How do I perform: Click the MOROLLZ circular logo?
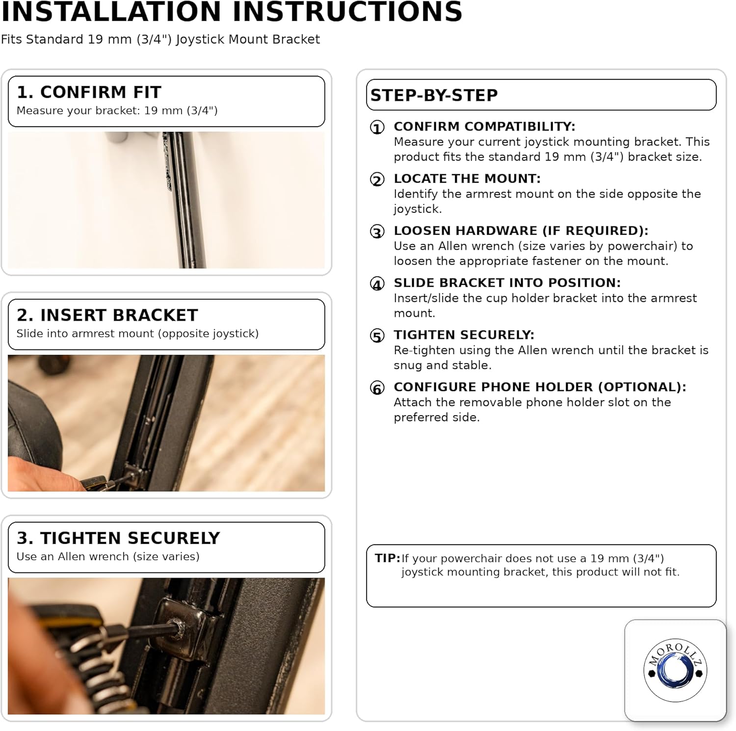tap(675, 670)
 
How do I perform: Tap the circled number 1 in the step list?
tap(377, 128)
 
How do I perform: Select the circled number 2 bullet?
tap(377, 180)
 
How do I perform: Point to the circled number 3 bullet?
tap(377, 232)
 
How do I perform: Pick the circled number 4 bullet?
tap(377, 284)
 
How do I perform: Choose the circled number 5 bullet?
tap(377, 336)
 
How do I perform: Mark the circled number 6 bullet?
tap(377, 388)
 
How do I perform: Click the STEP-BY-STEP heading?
tap(434, 95)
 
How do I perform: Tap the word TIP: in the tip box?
tap(388, 558)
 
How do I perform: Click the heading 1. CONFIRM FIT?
tap(89, 92)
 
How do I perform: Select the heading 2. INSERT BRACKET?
tap(107, 315)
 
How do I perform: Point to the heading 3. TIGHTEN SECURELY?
tap(118, 538)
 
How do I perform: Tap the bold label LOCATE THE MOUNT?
tap(467, 178)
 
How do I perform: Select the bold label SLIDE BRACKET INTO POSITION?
tap(507, 283)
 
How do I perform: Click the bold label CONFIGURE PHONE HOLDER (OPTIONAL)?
tap(540, 387)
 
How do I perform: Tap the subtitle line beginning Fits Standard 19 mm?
tap(160, 39)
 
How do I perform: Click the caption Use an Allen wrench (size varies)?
tap(108, 556)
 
